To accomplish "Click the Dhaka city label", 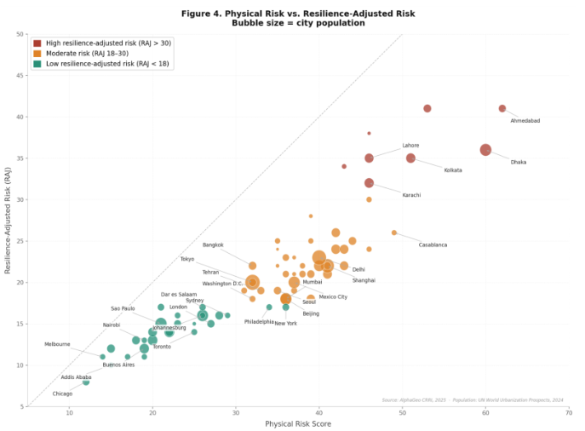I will [518, 162].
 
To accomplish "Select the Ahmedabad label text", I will [525, 121].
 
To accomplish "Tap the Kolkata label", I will [452, 170].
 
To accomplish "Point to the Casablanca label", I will [433, 245].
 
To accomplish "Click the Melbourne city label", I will [57, 344].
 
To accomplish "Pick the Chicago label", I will [62, 394].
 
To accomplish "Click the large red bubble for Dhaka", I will [485, 150].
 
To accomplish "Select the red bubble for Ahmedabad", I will [502, 108].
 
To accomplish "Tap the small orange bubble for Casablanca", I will [393, 233].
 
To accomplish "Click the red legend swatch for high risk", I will [37, 43].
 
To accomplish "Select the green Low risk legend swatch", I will [37, 63].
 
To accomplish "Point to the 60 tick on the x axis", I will [485, 412].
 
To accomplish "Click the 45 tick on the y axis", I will [20, 76].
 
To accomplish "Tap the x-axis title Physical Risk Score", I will [298, 423].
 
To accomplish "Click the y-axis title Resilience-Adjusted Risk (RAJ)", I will [8, 220].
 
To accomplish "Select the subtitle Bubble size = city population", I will [297, 23].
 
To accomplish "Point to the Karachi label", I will [411, 195].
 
